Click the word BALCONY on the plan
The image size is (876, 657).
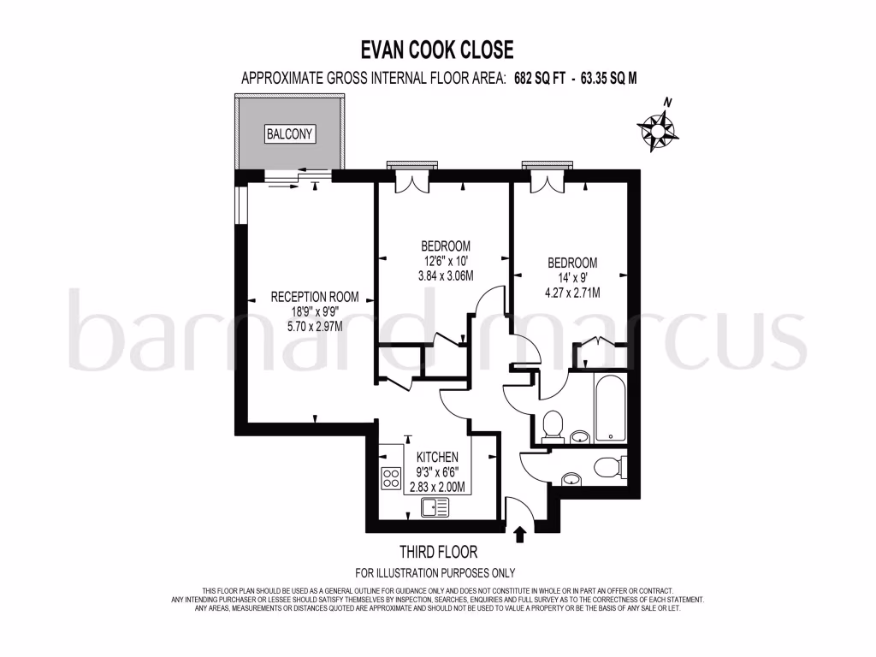tap(290, 134)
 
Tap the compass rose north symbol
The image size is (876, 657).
tap(658, 127)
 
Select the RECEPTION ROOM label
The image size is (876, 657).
tap(314, 297)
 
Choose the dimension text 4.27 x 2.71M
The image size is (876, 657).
tap(572, 292)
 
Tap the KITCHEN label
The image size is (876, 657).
tap(437, 458)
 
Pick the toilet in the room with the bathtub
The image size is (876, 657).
tap(553, 423)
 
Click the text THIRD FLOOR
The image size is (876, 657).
tap(438, 552)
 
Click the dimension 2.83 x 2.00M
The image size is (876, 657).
tap(437, 487)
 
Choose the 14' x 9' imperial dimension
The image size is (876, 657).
tap(572, 277)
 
